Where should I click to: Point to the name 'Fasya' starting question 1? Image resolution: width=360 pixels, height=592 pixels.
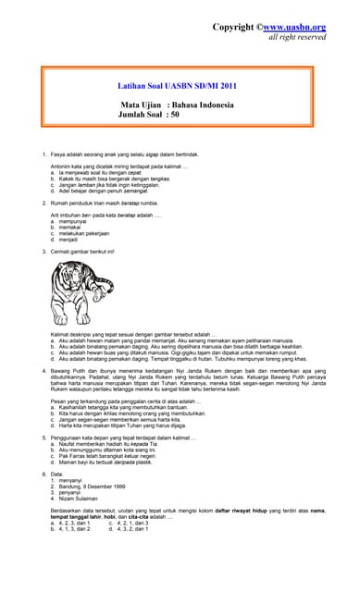tap(57, 150)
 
